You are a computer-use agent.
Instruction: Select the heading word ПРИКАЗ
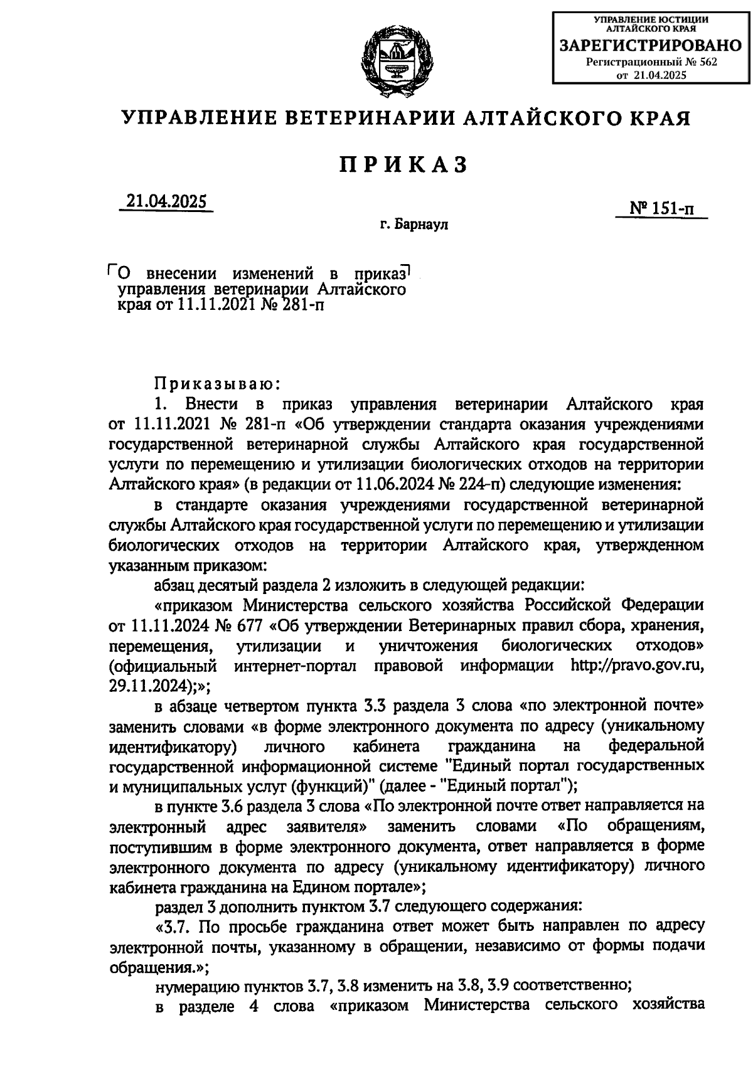(405, 164)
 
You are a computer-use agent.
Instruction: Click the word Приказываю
(213, 383)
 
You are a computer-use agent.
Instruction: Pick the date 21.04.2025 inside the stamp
(661, 75)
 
